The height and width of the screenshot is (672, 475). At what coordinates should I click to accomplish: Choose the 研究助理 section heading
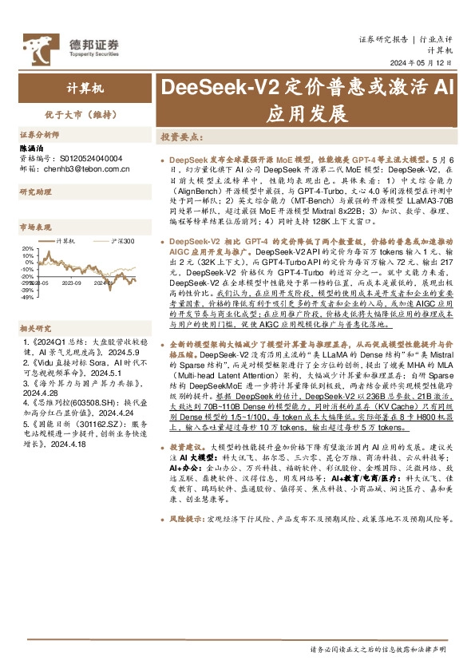tap(35, 192)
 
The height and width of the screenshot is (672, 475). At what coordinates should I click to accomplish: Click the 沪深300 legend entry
tap(122, 240)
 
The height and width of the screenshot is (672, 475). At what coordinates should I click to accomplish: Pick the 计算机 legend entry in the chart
tap(64, 240)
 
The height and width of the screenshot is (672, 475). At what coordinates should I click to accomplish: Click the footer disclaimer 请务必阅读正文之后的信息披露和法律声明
tap(378, 651)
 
